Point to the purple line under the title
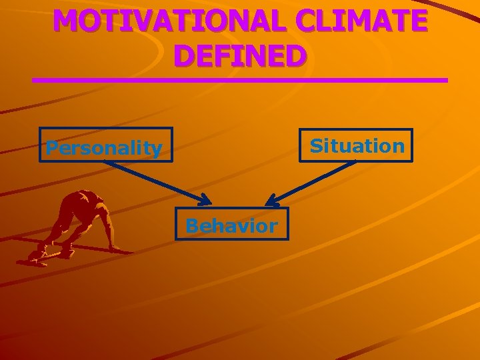point(240,80)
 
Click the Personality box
point(105,145)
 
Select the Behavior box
point(231,225)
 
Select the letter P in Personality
point(51,148)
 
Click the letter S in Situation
point(316,145)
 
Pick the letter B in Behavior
point(192,226)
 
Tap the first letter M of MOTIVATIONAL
point(66,21)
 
